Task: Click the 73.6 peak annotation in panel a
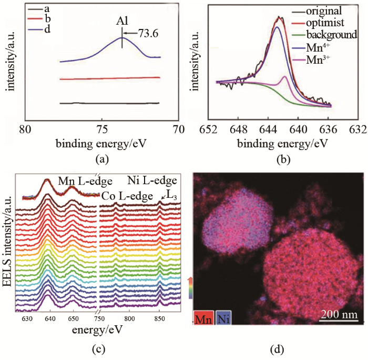[x=149, y=35]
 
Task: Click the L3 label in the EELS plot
[x=172, y=195]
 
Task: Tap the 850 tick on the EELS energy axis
[x=159, y=319]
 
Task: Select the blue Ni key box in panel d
[x=223, y=318]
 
